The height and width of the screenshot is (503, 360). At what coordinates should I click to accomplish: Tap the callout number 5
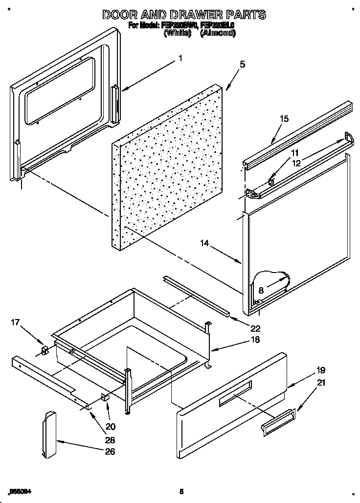243,64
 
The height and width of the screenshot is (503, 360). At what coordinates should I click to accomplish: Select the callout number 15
284,118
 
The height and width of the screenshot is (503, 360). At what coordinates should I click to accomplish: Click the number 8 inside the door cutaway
261,290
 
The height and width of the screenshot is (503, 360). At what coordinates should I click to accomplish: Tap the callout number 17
16,322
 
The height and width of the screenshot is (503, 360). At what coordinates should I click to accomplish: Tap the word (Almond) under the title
218,33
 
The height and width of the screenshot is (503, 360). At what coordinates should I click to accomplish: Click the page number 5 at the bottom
181,491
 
